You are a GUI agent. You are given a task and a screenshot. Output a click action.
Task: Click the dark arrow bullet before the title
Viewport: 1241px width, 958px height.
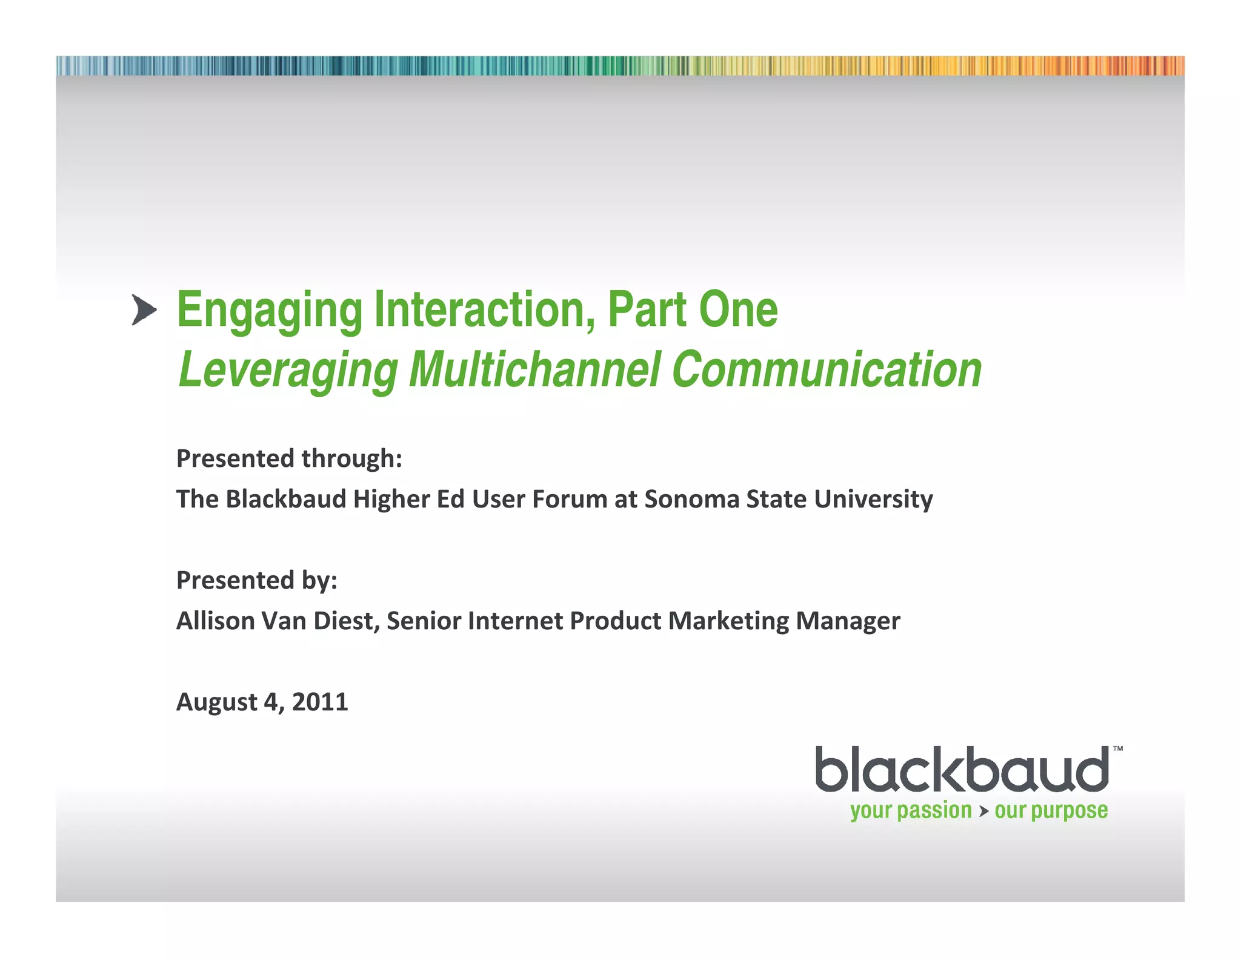[x=144, y=311]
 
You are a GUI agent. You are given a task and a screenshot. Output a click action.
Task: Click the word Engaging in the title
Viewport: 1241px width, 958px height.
[x=269, y=311]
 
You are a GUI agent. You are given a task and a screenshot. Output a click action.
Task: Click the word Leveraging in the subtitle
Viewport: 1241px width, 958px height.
[x=288, y=370]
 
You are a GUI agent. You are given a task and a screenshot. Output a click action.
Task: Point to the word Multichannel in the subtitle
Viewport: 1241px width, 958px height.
[x=534, y=369]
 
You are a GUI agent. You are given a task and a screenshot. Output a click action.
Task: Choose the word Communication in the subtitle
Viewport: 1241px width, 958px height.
[x=827, y=369]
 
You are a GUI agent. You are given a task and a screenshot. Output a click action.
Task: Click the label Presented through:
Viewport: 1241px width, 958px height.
[x=289, y=458]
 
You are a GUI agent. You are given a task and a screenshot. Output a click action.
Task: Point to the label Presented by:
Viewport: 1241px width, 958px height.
[x=256, y=580]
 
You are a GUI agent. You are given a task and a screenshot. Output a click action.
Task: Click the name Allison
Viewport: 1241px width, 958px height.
[x=215, y=621]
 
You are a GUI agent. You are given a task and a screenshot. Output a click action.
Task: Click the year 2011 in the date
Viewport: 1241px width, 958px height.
[x=320, y=702]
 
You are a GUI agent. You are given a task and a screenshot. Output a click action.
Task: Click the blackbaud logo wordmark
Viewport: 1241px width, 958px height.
[x=962, y=770]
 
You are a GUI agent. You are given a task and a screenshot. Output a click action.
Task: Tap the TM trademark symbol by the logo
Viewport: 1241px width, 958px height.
[x=1117, y=749]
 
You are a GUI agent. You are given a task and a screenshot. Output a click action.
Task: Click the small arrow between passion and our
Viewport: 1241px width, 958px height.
[x=983, y=811]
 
